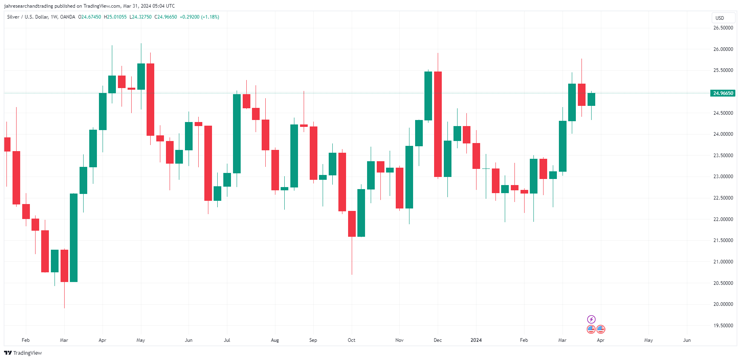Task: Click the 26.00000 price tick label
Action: pyautogui.click(x=723, y=49)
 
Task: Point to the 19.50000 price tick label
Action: pyautogui.click(x=723, y=326)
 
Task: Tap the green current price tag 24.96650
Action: pyautogui.click(x=723, y=93)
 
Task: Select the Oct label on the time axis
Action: pyautogui.click(x=351, y=340)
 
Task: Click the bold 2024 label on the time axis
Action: pyautogui.click(x=476, y=340)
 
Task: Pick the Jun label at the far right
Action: pyautogui.click(x=686, y=340)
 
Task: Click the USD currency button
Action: pyautogui.click(x=720, y=18)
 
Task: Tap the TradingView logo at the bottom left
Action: pyautogui.click(x=23, y=353)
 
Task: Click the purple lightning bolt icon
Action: pyautogui.click(x=591, y=320)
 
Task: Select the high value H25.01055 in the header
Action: pyautogui.click(x=115, y=17)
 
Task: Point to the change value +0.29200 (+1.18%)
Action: pyautogui.click(x=199, y=17)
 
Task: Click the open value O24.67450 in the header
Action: pyautogui.click(x=90, y=17)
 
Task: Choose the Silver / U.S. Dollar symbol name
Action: pyautogui.click(x=27, y=17)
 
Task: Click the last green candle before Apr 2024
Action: pyautogui.click(x=591, y=99)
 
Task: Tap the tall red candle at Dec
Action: pyautogui.click(x=438, y=124)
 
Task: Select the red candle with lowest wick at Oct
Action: pyautogui.click(x=352, y=223)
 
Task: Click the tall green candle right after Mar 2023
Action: pyautogui.click(x=73, y=238)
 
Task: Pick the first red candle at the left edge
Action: pyautogui.click(x=7, y=144)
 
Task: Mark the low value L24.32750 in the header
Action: pyautogui.click(x=141, y=17)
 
